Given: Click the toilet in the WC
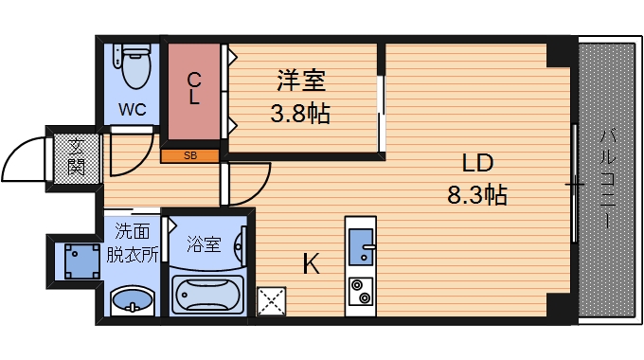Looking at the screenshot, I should coord(134,65).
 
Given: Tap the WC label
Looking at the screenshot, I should coord(132,109).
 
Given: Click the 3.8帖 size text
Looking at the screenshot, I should coord(300,116).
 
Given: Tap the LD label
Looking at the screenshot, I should coord(478,161).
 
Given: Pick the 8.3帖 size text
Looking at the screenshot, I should coord(477,196).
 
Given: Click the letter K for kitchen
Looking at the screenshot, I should coord(310,264).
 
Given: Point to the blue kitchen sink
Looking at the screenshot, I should coord(361,249).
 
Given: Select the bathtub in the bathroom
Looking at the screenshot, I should coord(206,295).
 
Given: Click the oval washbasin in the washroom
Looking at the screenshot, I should coord(132,302).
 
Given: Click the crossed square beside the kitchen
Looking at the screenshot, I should coord(271,301).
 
